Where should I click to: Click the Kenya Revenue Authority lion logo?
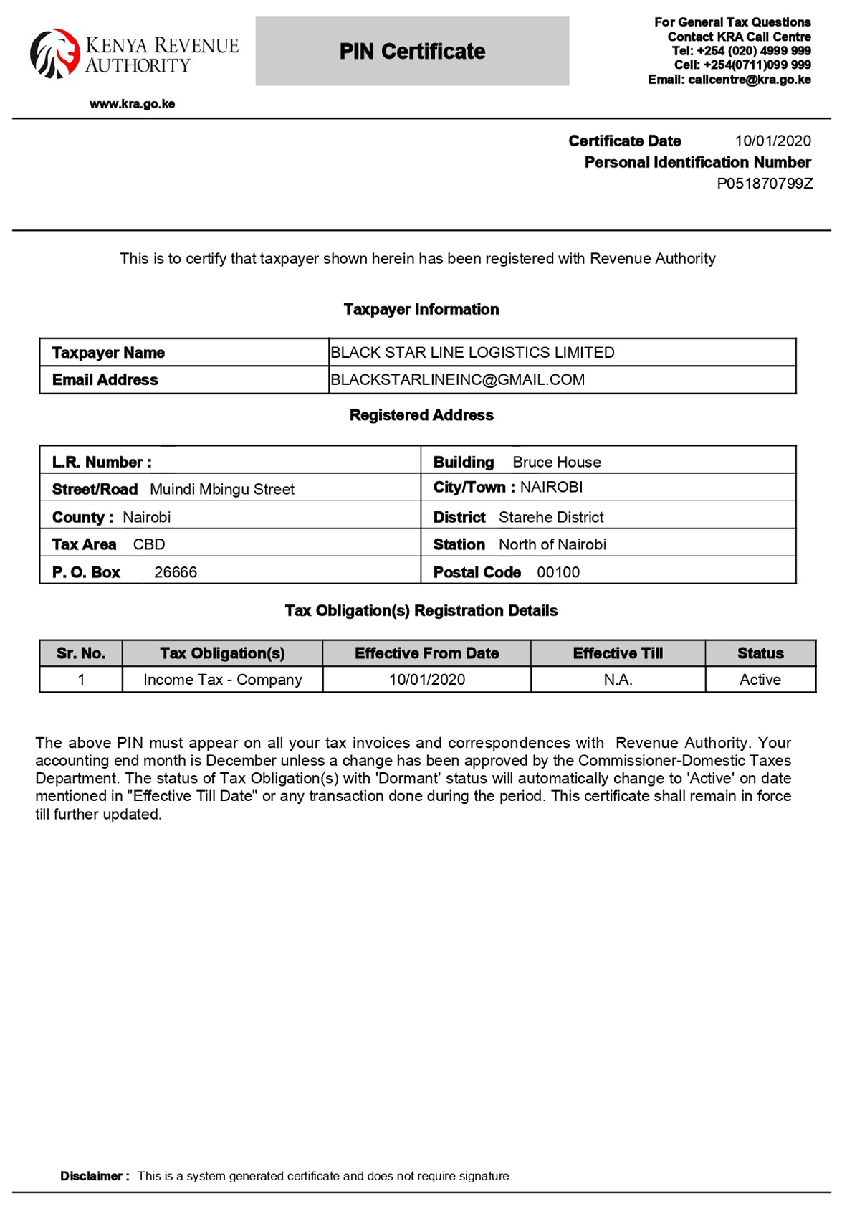54,54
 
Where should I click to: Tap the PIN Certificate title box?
412,52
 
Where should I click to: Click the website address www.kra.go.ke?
132,104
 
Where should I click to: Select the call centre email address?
749,80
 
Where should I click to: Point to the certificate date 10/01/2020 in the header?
772,141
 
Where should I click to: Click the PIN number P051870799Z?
765,184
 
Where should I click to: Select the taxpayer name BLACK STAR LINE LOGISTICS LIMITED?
472,353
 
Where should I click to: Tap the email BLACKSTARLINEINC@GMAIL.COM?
457,380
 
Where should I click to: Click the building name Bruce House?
556,463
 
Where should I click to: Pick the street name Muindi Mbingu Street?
222,490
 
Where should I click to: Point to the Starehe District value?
551,518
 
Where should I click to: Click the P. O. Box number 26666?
176,572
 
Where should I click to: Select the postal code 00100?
558,572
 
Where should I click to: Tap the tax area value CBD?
149,545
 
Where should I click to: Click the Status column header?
760,653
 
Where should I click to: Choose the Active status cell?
760,680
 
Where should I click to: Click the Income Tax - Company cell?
223,680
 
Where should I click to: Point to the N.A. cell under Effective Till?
618,680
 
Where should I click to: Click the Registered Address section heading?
421,415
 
